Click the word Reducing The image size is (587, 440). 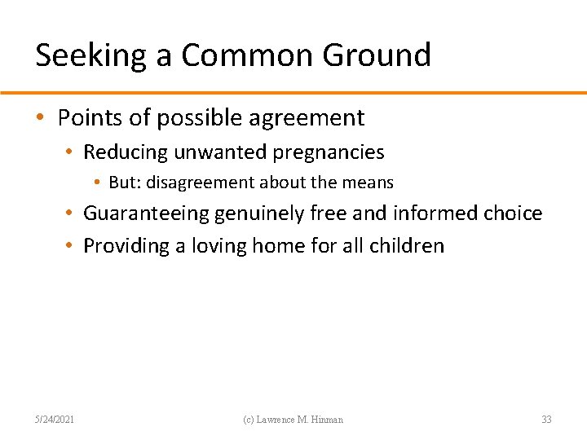126,152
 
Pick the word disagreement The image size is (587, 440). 197,183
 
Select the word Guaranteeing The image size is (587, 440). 146,213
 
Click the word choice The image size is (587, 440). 514,213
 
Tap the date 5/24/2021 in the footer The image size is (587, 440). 55,420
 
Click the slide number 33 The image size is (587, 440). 546,420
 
